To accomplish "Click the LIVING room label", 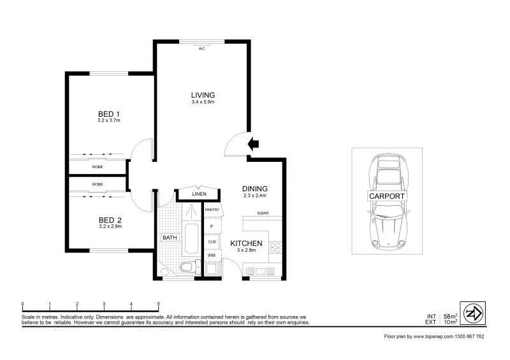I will pyautogui.click(x=203, y=96).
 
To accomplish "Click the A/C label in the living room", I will pyautogui.click(x=201, y=48).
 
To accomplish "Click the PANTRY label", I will pyautogui.click(x=212, y=209).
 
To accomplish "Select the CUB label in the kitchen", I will pyautogui.click(x=212, y=241).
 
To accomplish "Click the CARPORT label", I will pyautogui.click(x=387, y=196).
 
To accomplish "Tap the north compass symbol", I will pyautogui.click(x=473, y=313).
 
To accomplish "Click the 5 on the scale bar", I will pyautogui.click(x=158, y=304).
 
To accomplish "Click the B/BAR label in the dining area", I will pyautogui.click(x=263, y=213).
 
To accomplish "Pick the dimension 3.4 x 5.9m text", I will pyautogui.click(x=203, y=103).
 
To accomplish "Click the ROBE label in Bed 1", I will pyautogui.click(x=98, y=167).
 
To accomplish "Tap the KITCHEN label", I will pyautogui.click(x=247, y=243).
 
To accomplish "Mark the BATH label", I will pyautogui.click(x=169, y=238).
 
